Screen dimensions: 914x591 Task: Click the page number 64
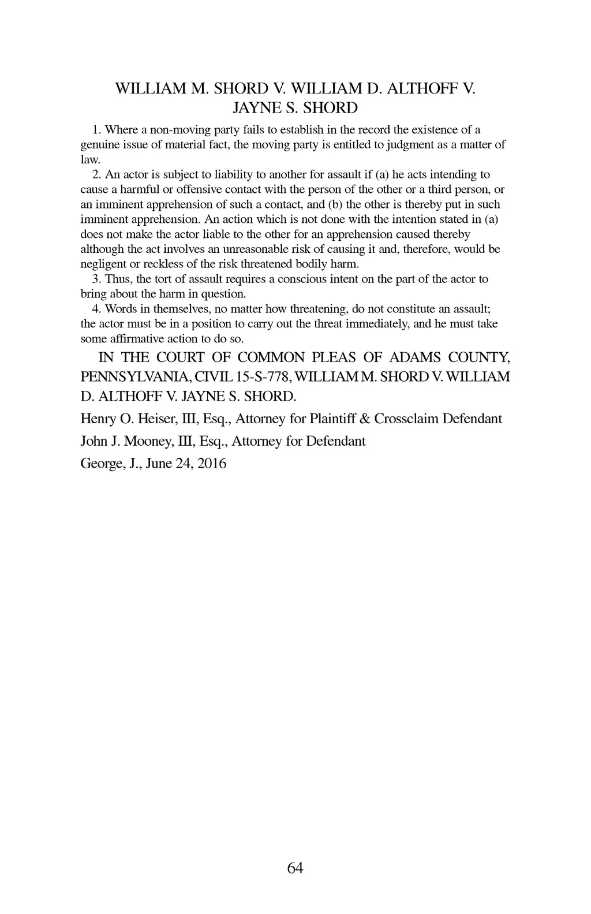(295, 868)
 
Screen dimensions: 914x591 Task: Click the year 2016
(212, 464)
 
